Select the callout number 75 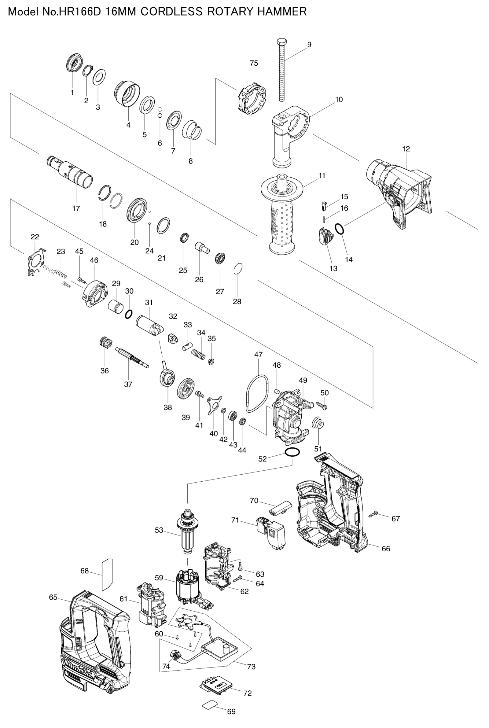(254, 63)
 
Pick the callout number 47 (258, 355)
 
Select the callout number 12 (406, 149)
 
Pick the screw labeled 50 (321, 405)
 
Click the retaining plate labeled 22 (35, 261)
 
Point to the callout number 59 (159, 578)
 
